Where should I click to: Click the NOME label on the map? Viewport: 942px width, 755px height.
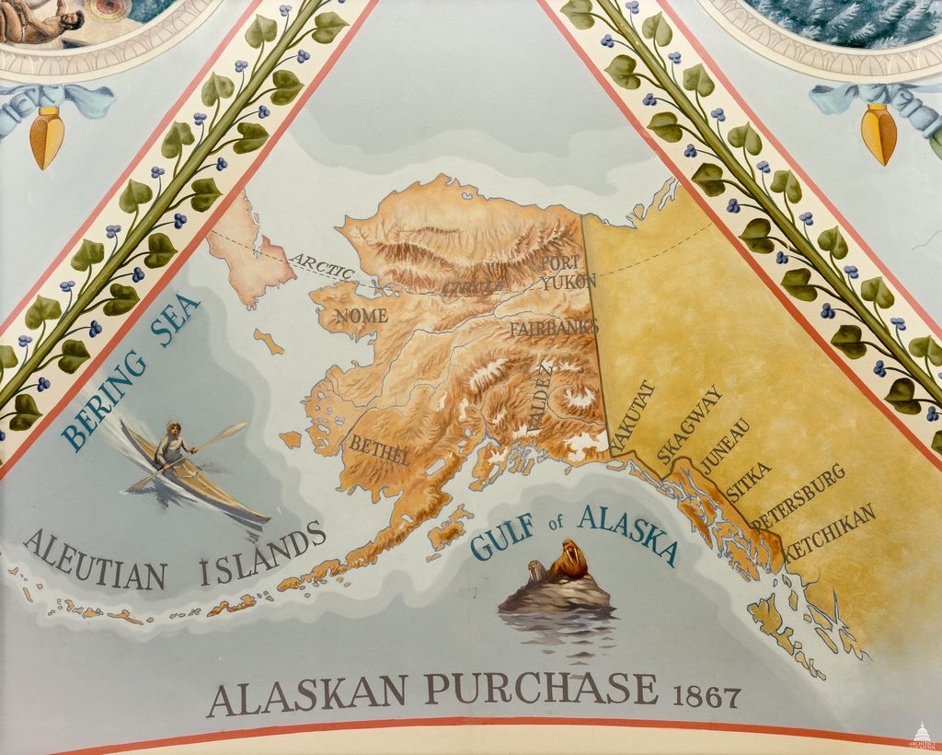(x=361, y=316)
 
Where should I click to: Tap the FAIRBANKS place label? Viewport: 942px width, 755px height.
(x=554, y=327)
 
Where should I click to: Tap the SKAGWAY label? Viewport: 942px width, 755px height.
(x=690, y=424)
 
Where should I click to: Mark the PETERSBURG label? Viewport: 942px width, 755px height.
(x=798, y=497)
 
